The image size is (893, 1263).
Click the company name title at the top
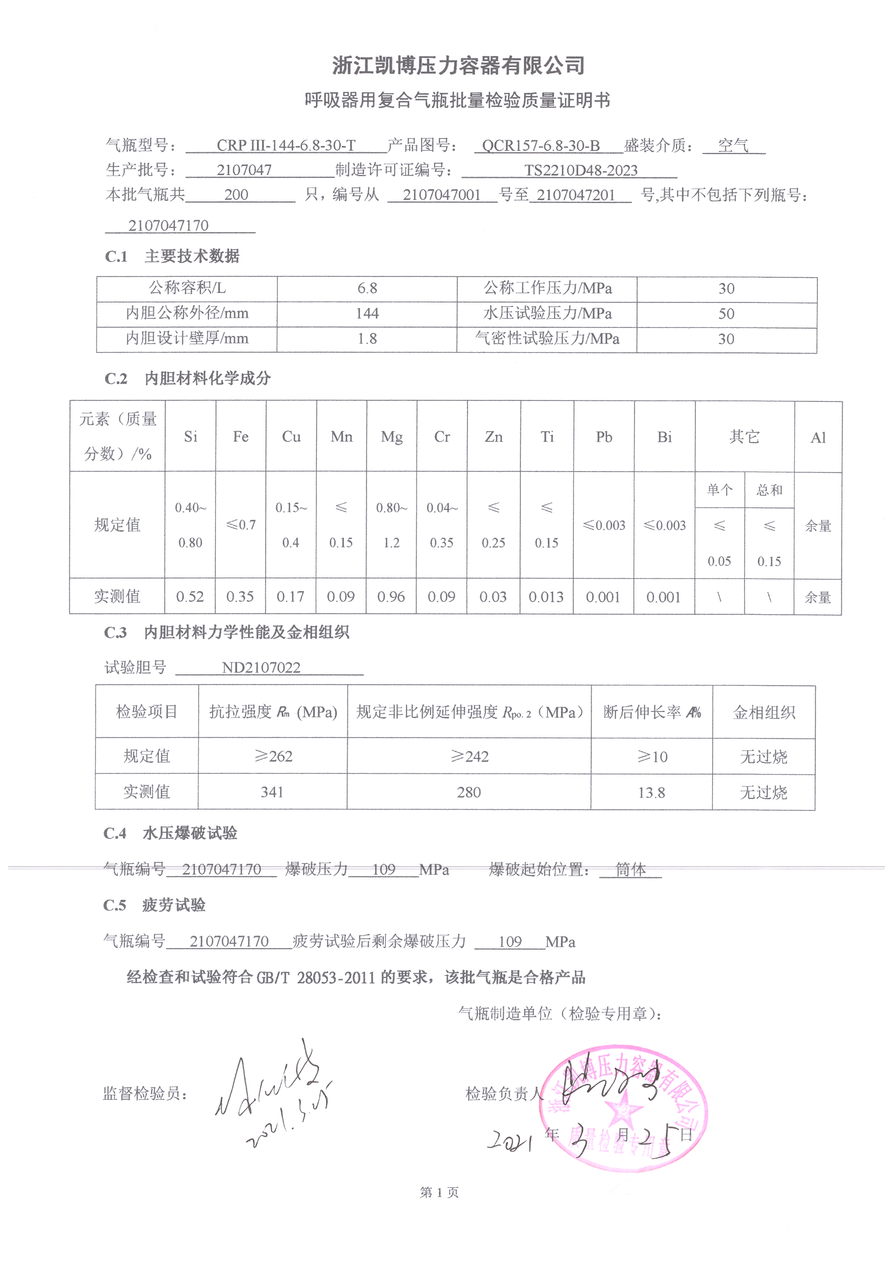click(457, 66)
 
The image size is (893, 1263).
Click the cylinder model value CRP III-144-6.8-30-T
click(286, 145)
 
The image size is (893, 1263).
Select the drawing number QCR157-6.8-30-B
click(540, 145)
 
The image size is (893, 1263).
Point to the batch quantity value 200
click(236, 194)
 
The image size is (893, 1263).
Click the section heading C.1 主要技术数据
click(172, 257)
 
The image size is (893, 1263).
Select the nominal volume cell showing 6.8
click(367, 288)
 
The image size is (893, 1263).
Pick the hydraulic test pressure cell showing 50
click(726, 313)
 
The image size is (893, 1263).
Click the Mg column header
click(391, 437)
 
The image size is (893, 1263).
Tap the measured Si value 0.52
click(190, 597)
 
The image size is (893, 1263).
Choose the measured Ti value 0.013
click(546, 597)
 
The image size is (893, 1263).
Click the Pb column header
click(604, 437)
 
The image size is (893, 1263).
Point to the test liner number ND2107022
click(261, 668)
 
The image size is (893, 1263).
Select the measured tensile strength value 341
click(272, 792)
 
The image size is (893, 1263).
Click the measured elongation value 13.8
click(651, 792)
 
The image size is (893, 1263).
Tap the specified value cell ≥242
click(469, 756)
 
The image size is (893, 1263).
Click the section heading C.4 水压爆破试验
click(171, 834)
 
